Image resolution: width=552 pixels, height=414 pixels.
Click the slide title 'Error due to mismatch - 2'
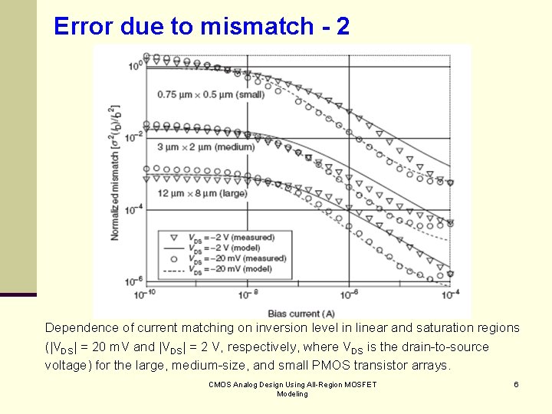[202, 27]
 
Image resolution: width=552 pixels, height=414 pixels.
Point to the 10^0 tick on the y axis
[134, 65]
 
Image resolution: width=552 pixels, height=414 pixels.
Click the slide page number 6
[516, 384]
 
